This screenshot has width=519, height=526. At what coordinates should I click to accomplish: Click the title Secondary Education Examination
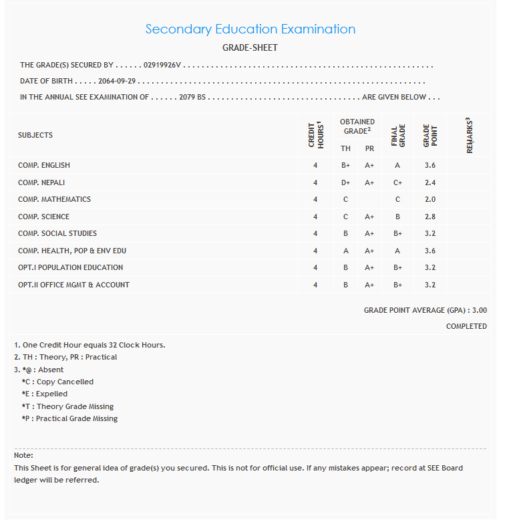[x=250, y=29]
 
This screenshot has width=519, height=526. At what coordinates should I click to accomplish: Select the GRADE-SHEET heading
[x=250, y=48]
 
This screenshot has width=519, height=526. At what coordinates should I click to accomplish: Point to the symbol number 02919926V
[x=163, y=65]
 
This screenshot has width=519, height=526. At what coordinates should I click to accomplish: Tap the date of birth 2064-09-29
[x=117, y=82]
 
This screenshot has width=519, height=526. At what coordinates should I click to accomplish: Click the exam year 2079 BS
[x=192, y=98]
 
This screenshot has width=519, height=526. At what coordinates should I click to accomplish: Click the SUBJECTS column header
[x=35, y=135]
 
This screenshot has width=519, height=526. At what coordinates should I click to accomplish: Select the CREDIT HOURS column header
[x=315, y=135]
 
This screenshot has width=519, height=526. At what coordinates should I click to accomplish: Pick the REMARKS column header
[x=470, y=136]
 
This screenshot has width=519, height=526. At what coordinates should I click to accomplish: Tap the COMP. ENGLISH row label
[x=44, y=165]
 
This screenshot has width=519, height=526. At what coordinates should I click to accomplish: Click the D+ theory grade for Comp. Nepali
[x=346, y=182]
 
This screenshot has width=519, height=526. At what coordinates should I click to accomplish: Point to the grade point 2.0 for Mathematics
[x=430, y=199]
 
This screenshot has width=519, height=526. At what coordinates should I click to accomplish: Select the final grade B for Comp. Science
[x=397, y=217]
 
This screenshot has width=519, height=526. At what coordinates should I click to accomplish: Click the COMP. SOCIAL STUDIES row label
[x=57, y=233]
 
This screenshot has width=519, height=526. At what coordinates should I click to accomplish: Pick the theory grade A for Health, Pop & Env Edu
[x=346, y=251]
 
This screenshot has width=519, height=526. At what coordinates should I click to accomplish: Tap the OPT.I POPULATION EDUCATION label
[x=71, y=267]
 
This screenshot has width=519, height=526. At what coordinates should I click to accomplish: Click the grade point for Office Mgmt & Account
[x=430, y=285]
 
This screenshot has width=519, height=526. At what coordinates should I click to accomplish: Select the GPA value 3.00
[x=480, y=310]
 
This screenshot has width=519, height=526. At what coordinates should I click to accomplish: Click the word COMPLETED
[x=466, y=326]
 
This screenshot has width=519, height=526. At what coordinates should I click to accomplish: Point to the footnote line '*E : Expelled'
[x=44, y=394]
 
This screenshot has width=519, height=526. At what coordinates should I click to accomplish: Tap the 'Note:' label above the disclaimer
[x=23, y=455]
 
